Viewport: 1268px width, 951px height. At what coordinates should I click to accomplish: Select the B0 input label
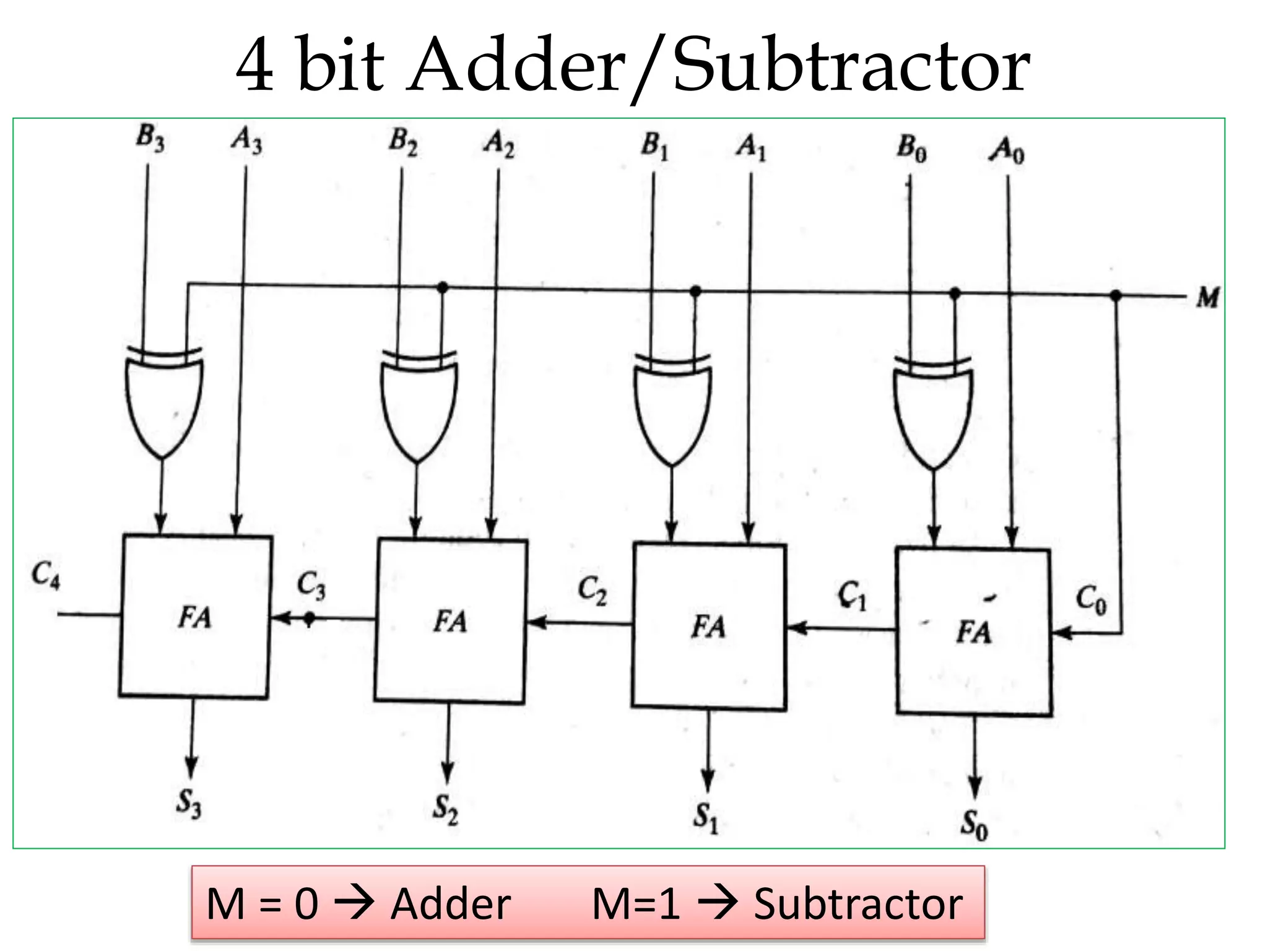pos(912,149)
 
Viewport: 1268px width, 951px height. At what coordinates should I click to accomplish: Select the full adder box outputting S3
pos(195,617)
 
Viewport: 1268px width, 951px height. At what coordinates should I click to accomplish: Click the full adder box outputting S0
pos(973,632)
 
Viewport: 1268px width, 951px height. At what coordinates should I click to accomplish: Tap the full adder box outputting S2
pos(451,621)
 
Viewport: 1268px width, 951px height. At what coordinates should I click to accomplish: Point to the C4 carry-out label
pos(46,575)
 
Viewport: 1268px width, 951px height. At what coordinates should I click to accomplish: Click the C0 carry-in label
pos(1091,600)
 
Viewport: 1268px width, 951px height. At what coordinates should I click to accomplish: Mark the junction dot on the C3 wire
pos(310,617)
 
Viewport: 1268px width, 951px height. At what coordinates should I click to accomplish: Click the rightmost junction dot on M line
pos(1116,296)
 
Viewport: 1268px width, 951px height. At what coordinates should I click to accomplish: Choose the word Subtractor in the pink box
pos(858,905)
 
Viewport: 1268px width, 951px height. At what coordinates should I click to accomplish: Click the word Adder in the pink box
pos(451,905)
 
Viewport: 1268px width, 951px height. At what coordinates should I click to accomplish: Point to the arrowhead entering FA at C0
pos(1061,633)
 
